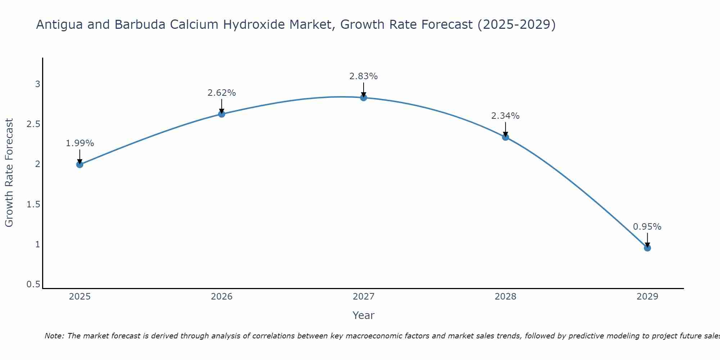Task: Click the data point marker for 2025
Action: coord(80,165)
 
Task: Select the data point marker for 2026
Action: coord(222,114)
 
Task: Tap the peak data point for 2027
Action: coord(364,98)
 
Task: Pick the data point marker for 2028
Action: coord(505,137)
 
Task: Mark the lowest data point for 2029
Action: coord(647,248)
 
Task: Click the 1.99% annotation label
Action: coord(80,143)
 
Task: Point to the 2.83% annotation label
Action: coord(364,76)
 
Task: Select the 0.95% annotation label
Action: coord(647,227)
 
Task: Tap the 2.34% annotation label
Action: coord(505,116)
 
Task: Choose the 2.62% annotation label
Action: coord(222,93)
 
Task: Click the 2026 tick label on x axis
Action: coord(222,297)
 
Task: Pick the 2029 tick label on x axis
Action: coord(647,297)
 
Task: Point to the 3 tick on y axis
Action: coord(37,84)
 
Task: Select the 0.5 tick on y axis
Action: coord(33,284)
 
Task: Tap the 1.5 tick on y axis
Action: coord(33,204)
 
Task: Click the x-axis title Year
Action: coord(364,315)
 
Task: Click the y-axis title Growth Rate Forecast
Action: coord(9,173)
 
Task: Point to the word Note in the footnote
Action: coord(54,336)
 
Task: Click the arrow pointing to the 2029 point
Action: coord(647,239)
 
